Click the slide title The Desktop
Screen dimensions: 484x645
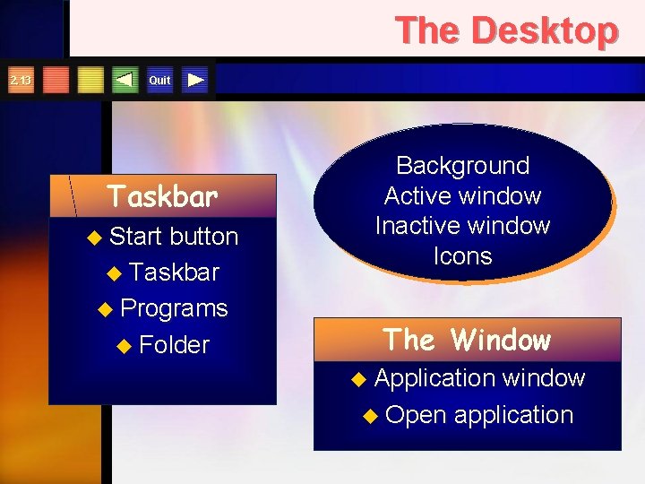pyautogui.click(x=506, y=30)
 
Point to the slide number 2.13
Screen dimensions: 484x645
pyautogui.click(x=20, y=81)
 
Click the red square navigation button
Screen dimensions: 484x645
pyautogui.click(x=56, y=80)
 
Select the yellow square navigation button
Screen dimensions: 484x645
pyautogui.click(x=90, y=80)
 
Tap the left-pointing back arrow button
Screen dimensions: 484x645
pyautogui.click(x=125, y=80)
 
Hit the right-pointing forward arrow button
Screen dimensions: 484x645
pyautogui.click(x=195, y=80)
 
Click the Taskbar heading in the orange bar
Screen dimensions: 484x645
pyautogui.click(x=162, y=195)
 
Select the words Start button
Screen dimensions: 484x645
pyautogui.click(x=174, y=237)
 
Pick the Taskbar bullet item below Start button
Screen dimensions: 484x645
pyautogui.click(x=176, y=272)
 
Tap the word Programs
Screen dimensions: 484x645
pyautogui.click(x=174, y=308)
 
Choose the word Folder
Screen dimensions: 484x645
pyautogui.click(x=174, y=345)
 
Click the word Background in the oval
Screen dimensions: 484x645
pyautogui.click(x=462, y=166)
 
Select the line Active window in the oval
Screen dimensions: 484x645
pyautogui.click(x=462, y=195)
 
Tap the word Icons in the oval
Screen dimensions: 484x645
pyautogui.click(x=462, y=256)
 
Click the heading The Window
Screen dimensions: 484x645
pyautogui.click(x=467, y=341)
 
